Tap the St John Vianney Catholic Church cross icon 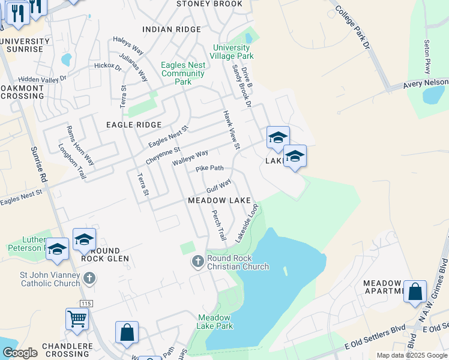(89, 278)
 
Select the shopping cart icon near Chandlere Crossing (77, 319)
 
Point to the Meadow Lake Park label (215, 322)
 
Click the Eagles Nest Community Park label (183, 73)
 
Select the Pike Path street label (209, 169)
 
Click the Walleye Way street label (190, 158)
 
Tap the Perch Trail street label (217, 224)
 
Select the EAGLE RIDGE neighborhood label (134, 125)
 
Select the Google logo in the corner (20, 353)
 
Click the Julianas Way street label (142, 68)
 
